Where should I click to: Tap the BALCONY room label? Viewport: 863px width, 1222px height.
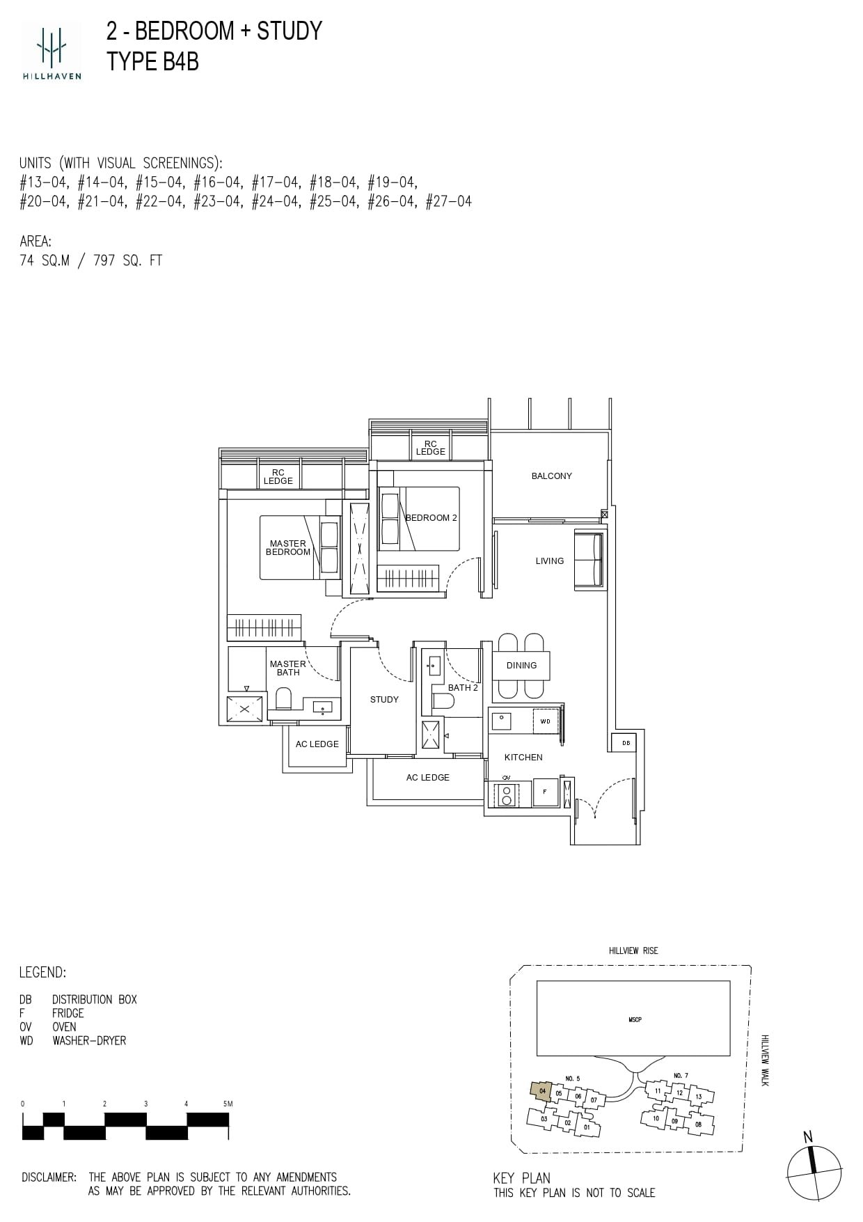551,476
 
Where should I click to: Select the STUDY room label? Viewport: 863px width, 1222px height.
384,700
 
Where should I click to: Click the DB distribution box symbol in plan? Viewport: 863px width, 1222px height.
626,743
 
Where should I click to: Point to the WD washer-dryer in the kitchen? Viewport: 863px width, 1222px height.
546,721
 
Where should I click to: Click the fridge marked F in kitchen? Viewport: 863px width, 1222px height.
545,792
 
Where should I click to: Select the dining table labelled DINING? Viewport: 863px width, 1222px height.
521,666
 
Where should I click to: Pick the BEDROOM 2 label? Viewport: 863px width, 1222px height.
431,518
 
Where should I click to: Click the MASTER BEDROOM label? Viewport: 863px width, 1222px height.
288,548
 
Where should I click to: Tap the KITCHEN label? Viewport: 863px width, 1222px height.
523,758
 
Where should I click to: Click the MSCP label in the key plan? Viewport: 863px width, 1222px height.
634,1019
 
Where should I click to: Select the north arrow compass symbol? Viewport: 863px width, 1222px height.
814,1173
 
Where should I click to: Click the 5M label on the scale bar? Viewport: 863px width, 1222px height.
228,1104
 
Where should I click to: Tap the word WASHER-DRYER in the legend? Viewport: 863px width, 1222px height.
89,1041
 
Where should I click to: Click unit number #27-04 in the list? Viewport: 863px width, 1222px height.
449,202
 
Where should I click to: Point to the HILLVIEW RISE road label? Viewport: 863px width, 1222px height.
633,950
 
